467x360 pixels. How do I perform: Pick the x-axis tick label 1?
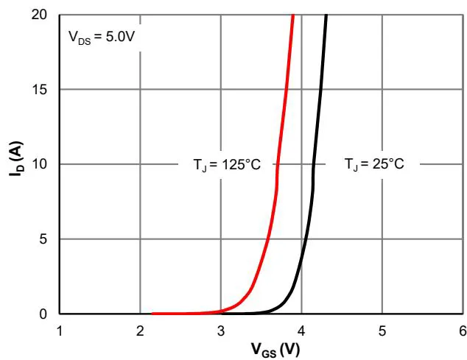tap(60, 329)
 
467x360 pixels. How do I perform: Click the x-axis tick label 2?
tap(140, 329)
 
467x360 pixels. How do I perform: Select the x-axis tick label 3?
tap(221, 329)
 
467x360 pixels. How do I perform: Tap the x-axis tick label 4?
tap(301, 329)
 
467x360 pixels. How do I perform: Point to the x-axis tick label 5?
tap(382, 329)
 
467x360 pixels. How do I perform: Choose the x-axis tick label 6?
tap(462, 329)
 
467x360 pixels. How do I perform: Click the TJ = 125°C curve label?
tap(222, 164)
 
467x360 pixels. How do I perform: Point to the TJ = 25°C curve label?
tap(374, 164)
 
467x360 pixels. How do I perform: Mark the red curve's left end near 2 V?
tap(152, 313)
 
